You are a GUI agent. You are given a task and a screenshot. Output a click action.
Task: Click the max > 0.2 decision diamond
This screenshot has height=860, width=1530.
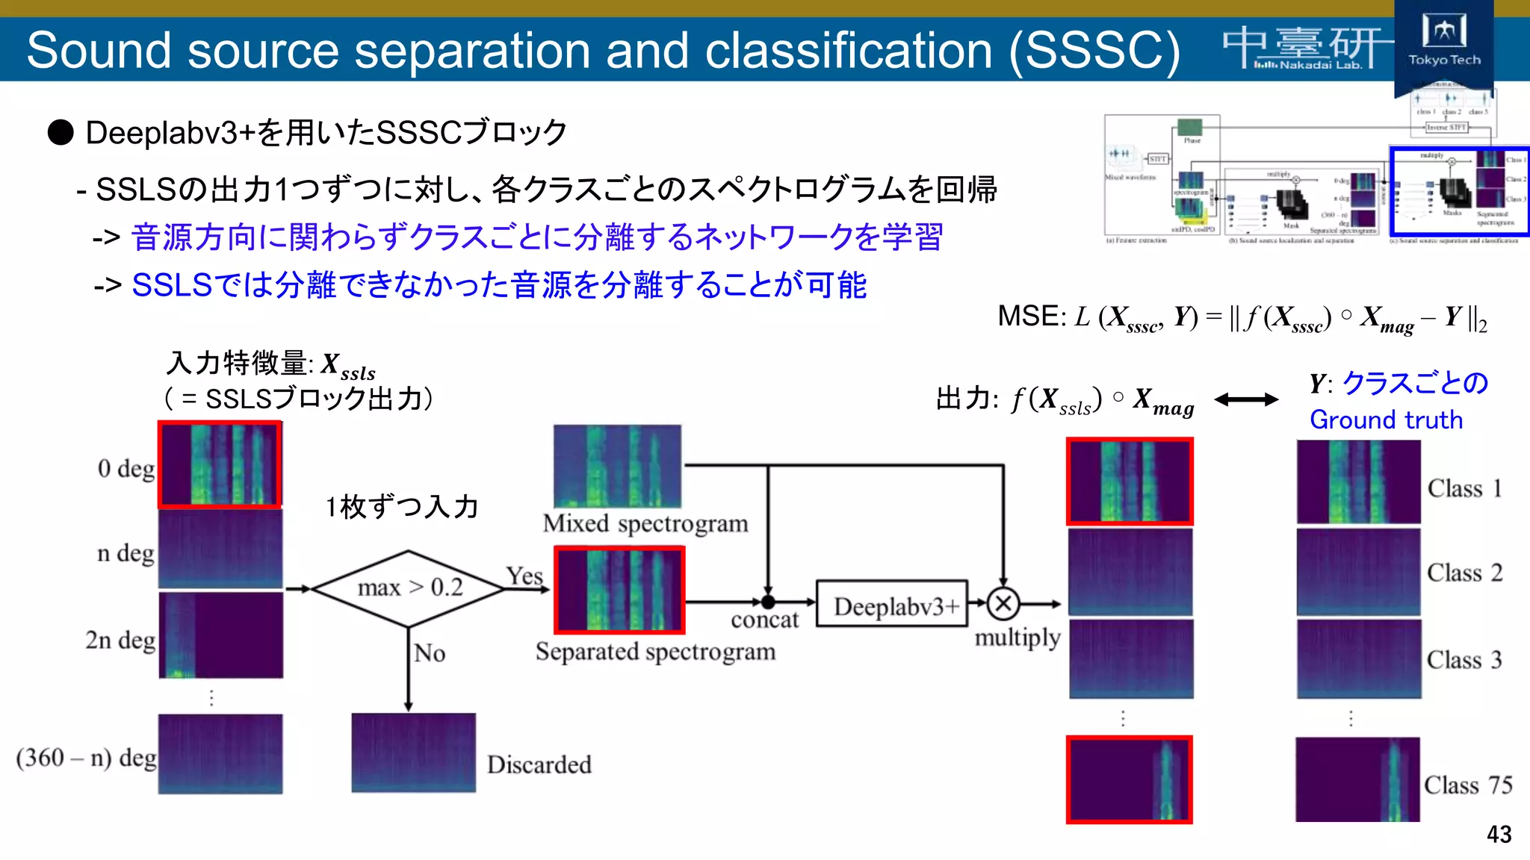click(409, 588)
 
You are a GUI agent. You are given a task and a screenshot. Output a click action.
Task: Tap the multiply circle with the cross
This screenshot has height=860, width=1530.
click(1003, 603)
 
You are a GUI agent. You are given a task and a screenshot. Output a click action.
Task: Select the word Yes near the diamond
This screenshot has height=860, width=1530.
click(524, 576)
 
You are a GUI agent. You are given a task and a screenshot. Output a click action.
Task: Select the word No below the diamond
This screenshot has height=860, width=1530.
click(430, 653)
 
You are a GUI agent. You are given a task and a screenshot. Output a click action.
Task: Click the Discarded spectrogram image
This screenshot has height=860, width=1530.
click(413, 752)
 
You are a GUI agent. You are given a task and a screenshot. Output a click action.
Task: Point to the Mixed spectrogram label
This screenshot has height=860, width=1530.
click(645, 523)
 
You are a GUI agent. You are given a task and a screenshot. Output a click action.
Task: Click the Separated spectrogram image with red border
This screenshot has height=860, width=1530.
click(619, 590)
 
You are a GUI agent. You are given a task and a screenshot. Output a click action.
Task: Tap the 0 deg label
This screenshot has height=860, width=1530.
click(126, 468)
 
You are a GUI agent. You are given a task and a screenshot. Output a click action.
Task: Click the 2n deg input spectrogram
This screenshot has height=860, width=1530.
click(221, 635)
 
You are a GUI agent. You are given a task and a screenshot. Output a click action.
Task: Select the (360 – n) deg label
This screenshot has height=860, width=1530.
click(86, 758)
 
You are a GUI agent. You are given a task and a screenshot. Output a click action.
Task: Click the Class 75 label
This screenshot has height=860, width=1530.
click(1467, 785)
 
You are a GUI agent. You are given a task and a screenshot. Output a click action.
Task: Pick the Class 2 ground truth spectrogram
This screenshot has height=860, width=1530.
click(1358, 573)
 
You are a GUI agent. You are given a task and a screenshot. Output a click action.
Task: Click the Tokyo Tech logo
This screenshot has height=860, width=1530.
click(1443, 41)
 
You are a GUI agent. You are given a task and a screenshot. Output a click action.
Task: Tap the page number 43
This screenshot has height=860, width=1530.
click(1499, 834)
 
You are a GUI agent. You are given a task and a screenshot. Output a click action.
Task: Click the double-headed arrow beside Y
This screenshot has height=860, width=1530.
click(1246, 400)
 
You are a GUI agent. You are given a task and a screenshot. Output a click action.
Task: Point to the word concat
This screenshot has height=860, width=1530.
click(764, 620)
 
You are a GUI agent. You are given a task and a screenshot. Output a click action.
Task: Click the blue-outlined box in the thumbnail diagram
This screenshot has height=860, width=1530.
click(1458, 192)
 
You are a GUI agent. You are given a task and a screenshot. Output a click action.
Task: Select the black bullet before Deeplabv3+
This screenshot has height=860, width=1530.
click(61, 133)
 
